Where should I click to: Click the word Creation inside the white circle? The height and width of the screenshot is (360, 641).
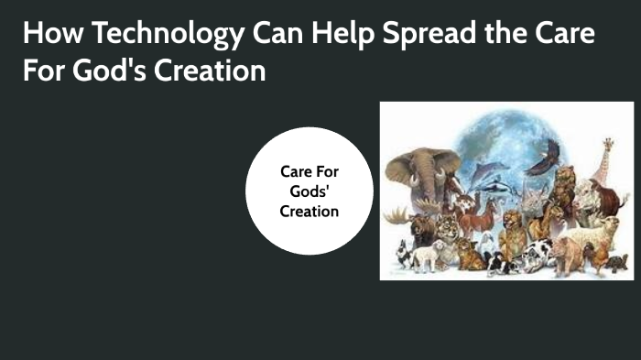[310, 211]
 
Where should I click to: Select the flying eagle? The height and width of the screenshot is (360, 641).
[548, 158]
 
